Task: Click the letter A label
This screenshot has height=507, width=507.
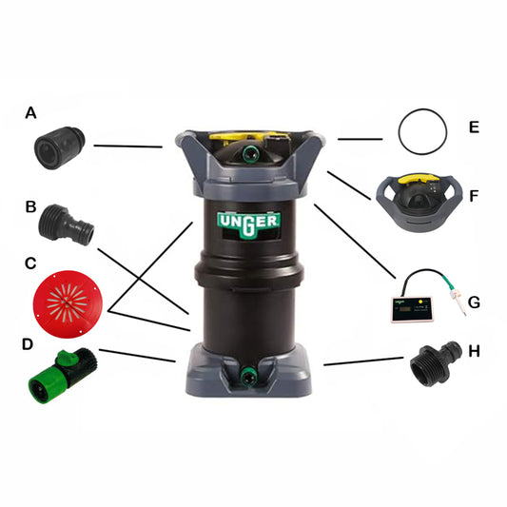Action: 30,114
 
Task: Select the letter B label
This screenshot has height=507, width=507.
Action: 30,206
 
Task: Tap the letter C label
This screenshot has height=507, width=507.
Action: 30,263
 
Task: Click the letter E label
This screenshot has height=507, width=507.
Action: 473,126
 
